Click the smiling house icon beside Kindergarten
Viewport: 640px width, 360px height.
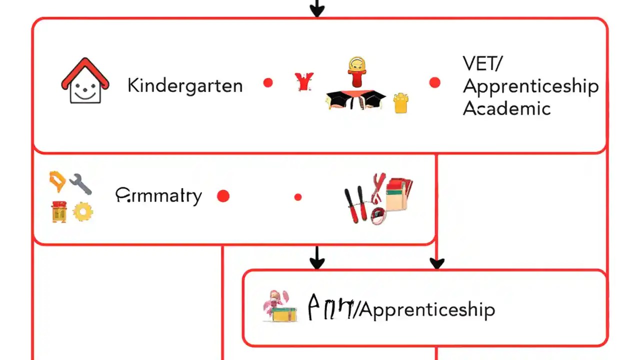(x=85, y=81)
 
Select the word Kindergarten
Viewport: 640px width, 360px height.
(x=185, y=85)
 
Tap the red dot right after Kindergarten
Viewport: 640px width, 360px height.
(x=268, y=83)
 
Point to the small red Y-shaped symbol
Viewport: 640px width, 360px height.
(x=304, y=81)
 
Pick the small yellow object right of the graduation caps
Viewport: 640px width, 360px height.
(x=400, y=102)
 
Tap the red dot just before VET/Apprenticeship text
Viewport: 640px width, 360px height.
(x=434, y=83)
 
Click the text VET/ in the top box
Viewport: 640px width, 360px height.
(x=483, y=64)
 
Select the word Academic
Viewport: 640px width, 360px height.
(x=506, y=108)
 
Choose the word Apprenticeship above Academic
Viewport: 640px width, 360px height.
(x=530, y=86)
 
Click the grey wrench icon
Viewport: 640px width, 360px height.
(x=80, y=183)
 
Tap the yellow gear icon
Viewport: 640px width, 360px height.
(x=83, y=212)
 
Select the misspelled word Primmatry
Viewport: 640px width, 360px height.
(x=158, y=195)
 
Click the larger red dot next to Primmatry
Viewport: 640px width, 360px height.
(x=223, y=196)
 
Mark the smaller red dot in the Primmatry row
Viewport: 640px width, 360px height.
(x=298, y=197)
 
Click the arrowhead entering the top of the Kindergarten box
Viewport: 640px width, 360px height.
(x=317, y=11)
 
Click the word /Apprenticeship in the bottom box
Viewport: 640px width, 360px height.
(x=424, y=310)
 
